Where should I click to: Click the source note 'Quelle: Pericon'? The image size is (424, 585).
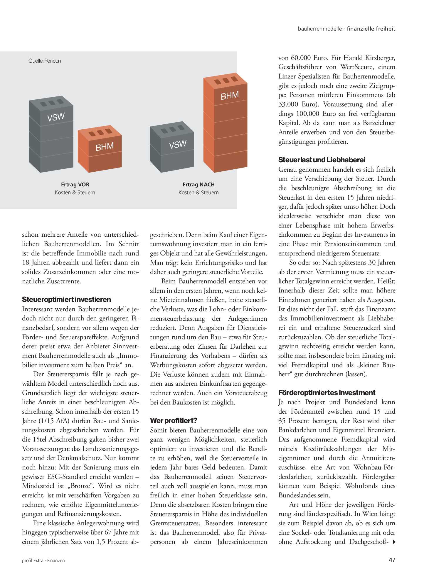[45, 61]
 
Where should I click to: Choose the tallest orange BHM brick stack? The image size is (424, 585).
[226, 123]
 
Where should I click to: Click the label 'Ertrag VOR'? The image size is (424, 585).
[75, 185]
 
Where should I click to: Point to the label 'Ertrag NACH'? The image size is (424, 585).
[198, 185]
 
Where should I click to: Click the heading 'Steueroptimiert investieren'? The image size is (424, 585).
[67, 300]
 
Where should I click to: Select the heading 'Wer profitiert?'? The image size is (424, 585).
[174, 421]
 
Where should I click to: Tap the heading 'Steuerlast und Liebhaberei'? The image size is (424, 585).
[322, 160]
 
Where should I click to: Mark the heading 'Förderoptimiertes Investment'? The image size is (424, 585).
[327, 393]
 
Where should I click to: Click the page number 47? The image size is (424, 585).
[392, 560]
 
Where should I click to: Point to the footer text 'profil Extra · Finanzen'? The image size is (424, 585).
[43, 561]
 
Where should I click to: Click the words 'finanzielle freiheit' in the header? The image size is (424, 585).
[371, 29]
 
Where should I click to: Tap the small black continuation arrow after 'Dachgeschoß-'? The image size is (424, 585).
[394, 542]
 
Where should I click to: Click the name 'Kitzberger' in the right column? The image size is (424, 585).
[380, 58]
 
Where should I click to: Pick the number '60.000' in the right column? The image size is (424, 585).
[301, 58]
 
